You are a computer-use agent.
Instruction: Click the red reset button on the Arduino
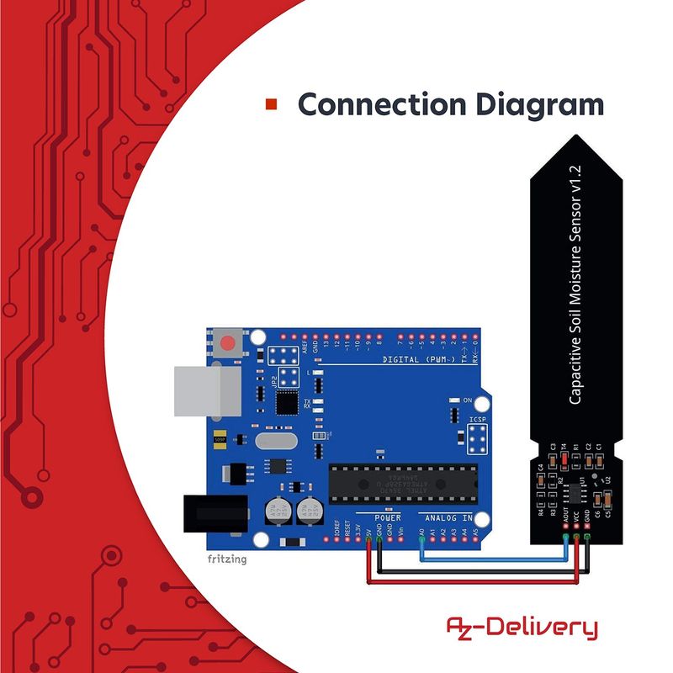pos(226,344)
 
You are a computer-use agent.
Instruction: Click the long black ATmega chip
pos(402,480)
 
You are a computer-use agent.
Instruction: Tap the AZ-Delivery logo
pos(522,627)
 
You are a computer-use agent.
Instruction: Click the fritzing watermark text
pos(227,559)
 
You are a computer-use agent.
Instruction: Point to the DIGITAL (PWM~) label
pos(418,359)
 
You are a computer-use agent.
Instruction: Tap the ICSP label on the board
pos(476,417)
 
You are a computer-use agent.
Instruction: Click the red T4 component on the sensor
pos(564,459)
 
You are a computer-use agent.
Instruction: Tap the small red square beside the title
pos(271,104)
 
